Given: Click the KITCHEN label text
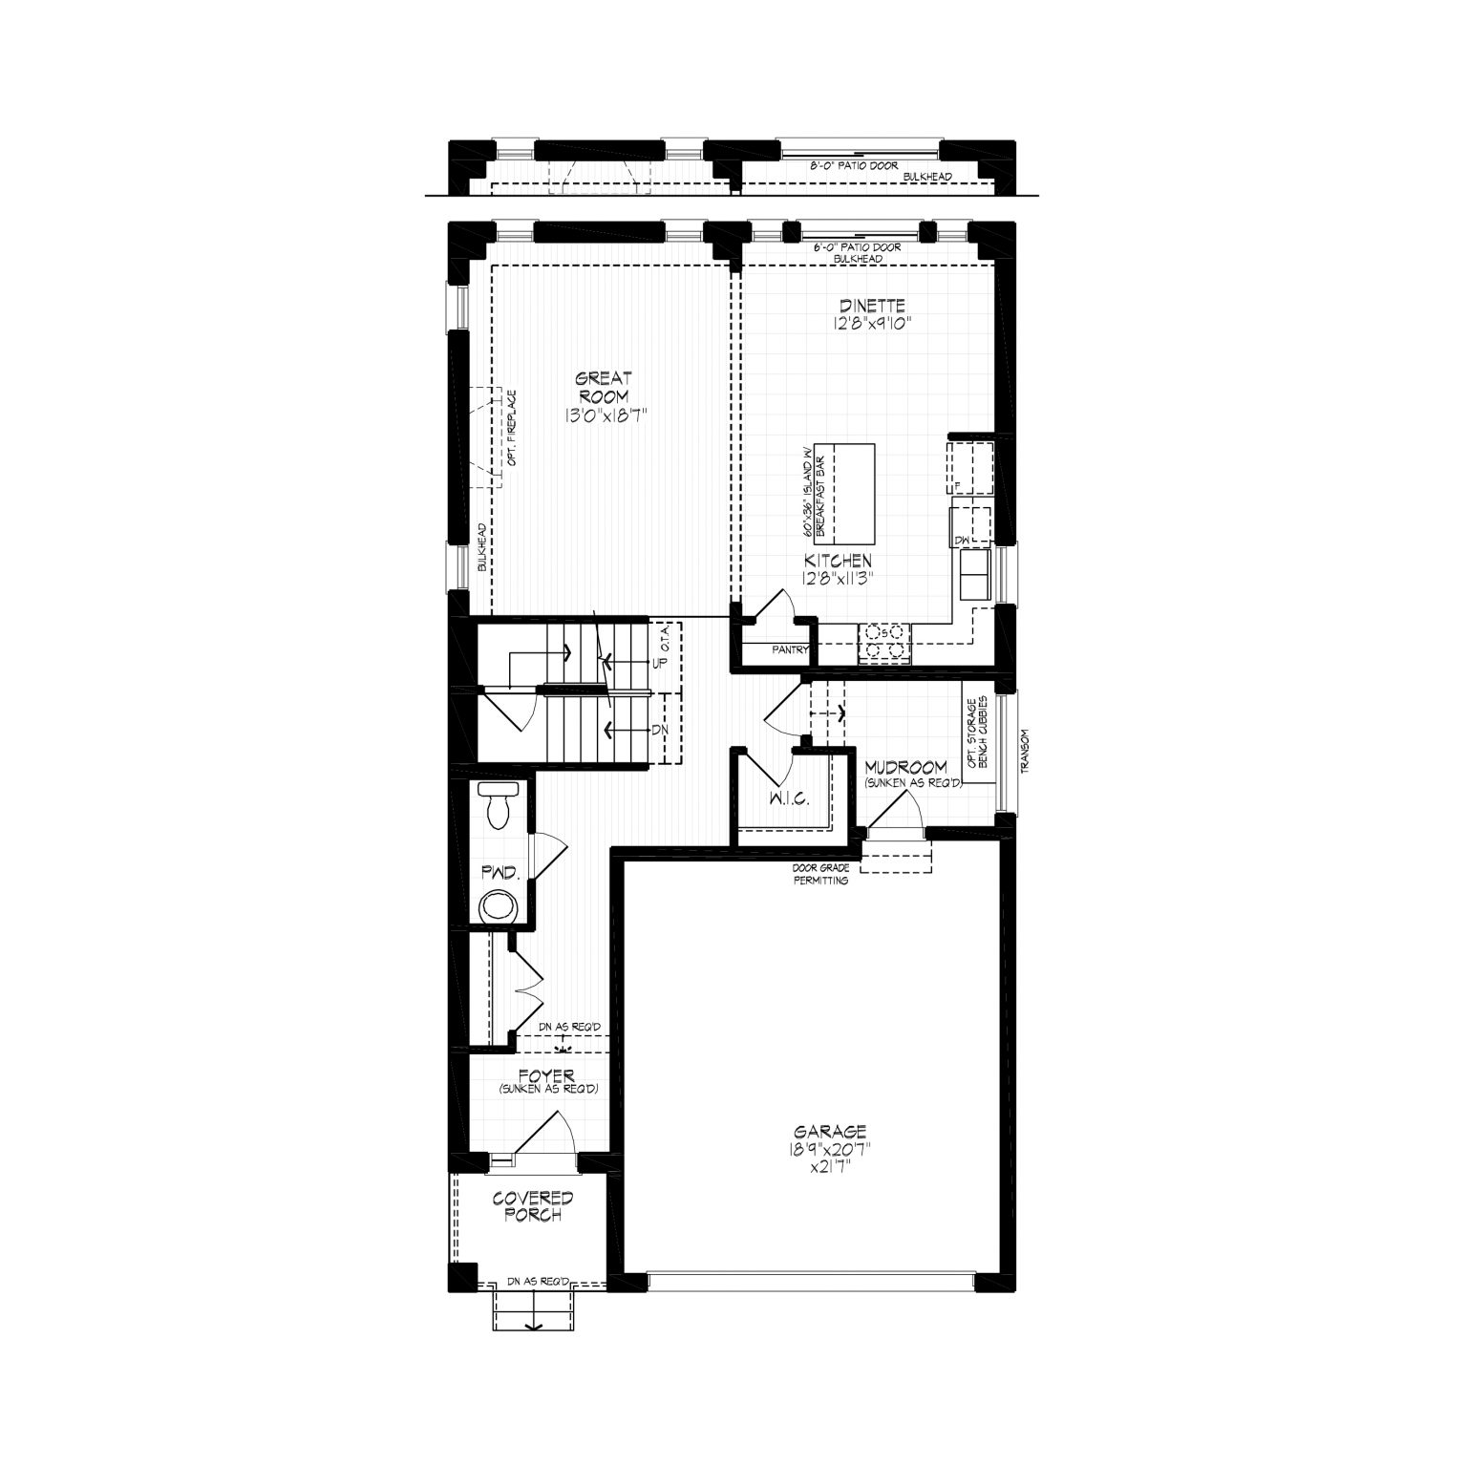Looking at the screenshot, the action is click(838, 561).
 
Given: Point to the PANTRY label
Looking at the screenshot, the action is click(790, 650).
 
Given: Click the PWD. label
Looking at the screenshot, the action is click(500, 872).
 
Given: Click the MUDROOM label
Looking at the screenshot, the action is click(906, 767).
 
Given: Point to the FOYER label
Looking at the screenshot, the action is click(547, 1076).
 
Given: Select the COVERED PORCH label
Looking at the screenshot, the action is click(533, 1206).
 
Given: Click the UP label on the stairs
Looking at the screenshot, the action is click(658, 662).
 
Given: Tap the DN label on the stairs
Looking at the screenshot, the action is click(658, 730).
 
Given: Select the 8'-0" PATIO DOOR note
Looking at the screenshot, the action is click(854, 166).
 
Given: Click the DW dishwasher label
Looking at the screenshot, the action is click(960, 542).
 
